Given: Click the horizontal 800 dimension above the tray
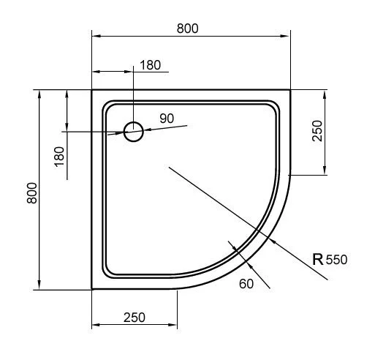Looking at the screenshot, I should point(188,28).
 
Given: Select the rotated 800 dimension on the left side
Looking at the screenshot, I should point(30,192).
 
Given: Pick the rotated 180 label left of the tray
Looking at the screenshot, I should point(59,154).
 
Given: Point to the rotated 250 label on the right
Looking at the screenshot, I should point(317,131).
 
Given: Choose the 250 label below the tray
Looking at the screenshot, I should point(134,317).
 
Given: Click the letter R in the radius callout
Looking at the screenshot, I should point(317,259).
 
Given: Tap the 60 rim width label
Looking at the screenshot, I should point(246,284).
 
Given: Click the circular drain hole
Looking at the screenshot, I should point(134,132).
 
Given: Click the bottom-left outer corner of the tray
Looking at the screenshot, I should point(91,289).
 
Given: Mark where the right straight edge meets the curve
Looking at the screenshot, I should point(290,176).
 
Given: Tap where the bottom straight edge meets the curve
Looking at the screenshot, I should point(178,289).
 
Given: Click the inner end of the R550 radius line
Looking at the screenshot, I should point(169,168).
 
